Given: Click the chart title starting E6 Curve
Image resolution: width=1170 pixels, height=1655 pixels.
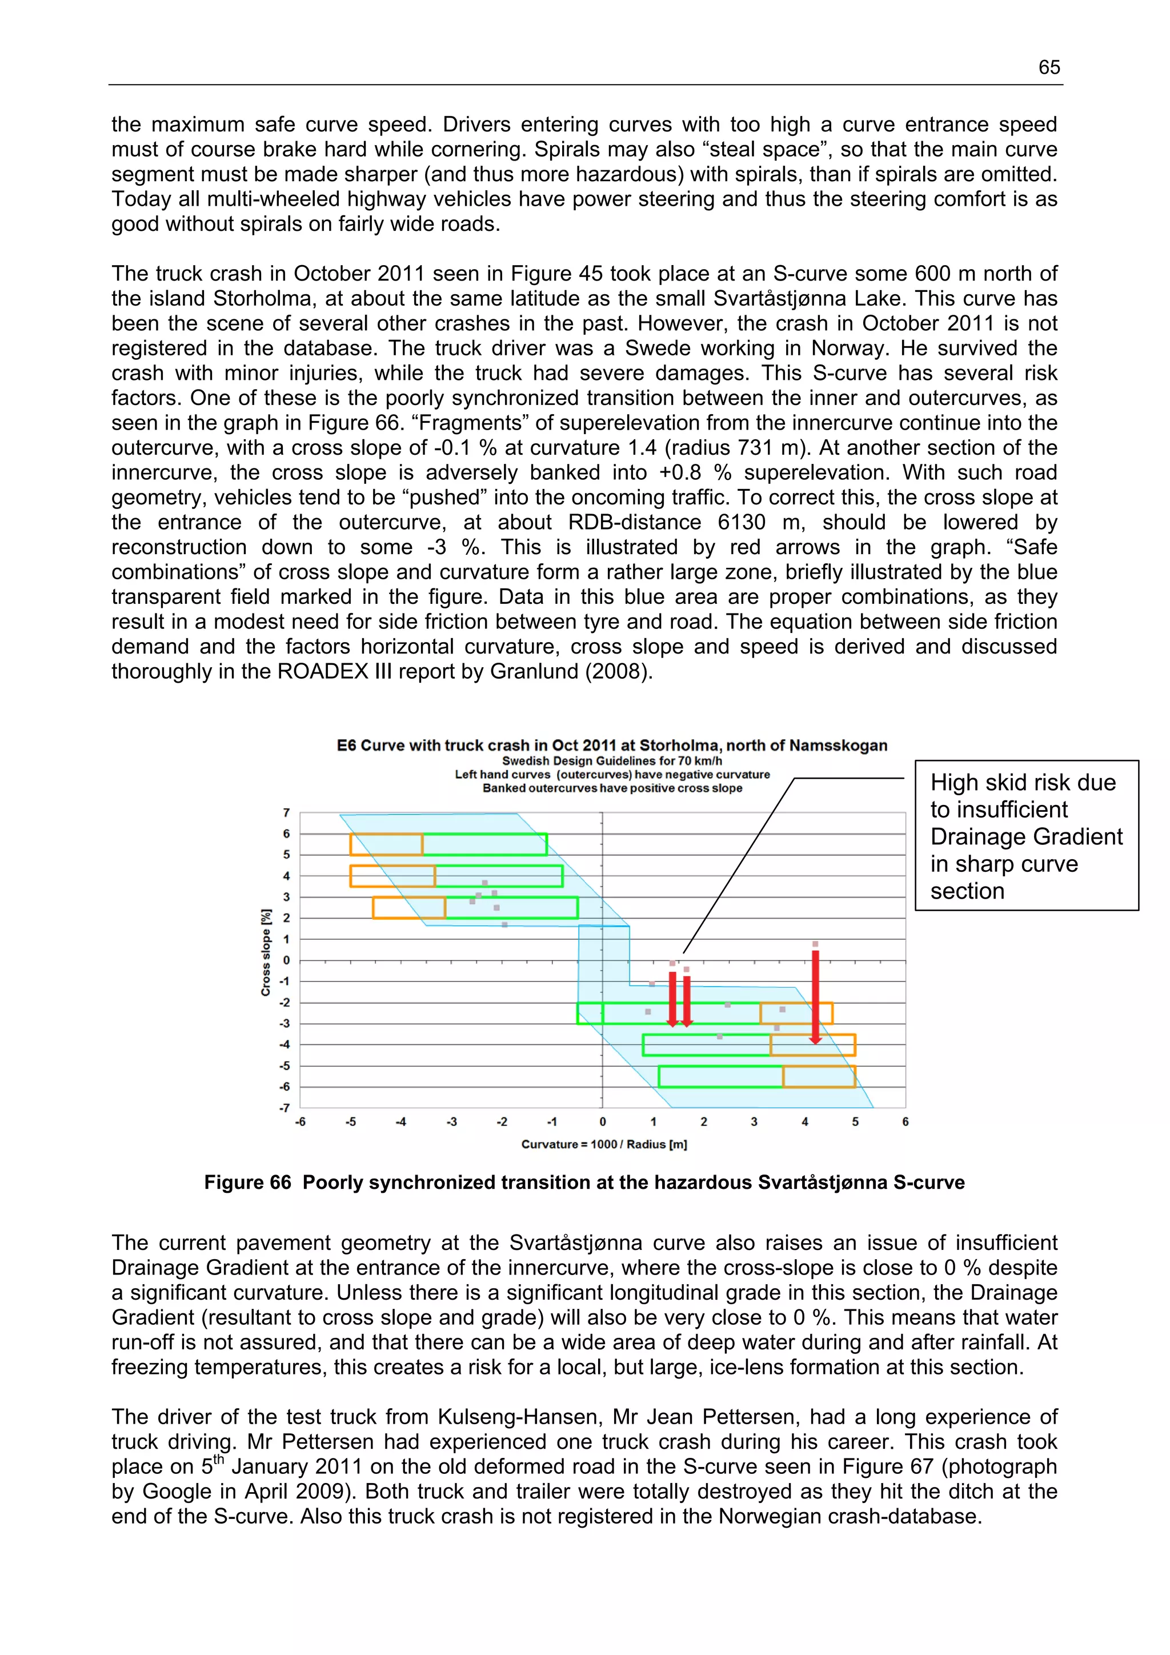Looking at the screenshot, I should coord(611,746).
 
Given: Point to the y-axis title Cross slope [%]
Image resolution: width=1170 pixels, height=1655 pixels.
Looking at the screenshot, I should coord(266,952).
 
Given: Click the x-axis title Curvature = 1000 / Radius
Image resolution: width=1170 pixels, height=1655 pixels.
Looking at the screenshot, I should coord(604,1144).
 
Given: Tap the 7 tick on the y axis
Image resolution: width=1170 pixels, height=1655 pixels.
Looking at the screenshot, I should coord(286,812).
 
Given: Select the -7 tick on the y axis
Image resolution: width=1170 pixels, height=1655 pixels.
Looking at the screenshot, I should coord(285,1108).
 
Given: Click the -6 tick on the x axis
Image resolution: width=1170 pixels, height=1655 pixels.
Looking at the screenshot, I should coord(300,1121).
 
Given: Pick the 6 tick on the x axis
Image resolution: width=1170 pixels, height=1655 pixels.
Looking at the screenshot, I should coord(905,1121).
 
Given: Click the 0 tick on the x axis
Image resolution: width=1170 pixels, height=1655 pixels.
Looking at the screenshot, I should coord(603,1121).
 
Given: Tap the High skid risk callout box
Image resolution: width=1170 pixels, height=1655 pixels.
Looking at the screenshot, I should coord(1026,835).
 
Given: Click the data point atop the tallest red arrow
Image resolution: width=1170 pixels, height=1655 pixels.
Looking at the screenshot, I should coord(815,944).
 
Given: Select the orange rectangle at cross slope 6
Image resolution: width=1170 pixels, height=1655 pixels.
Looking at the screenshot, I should coord(386,844).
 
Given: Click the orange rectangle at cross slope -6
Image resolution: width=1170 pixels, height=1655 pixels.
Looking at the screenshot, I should coord(819,1076).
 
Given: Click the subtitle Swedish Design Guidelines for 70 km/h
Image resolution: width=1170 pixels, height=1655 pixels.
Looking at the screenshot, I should coord(611,760).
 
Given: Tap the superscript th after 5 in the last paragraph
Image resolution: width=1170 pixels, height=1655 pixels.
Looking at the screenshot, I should coord(219,1459).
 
